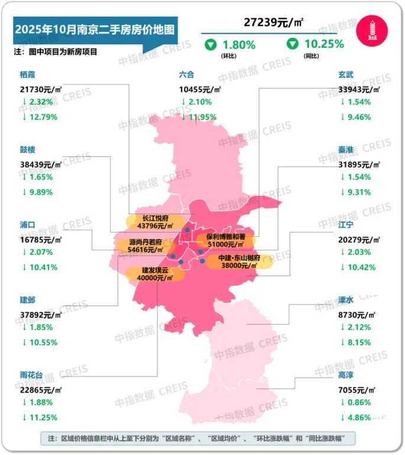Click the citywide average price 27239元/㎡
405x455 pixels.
pos(274,22)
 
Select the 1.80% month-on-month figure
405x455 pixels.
pos(238,44)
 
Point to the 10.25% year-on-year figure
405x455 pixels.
pos(322,44)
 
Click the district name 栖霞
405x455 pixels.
pos(28,75)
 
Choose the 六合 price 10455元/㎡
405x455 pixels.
pos(200,89)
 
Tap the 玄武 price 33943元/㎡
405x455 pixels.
pos(358,89)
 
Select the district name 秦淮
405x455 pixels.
pos(346,150)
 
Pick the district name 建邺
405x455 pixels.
pos(28,300)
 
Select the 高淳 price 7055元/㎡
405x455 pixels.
pos(356,390)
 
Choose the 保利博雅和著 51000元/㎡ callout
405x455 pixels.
pos(225,240)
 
